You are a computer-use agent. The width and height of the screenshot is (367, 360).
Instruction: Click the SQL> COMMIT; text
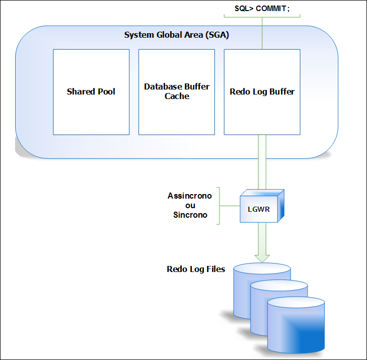[262, 8]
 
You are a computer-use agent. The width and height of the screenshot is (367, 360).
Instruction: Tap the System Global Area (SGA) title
[177, 35]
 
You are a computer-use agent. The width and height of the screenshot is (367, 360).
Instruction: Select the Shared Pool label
[91, 92]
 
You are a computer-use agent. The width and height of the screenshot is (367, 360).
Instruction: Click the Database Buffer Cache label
[177, 91]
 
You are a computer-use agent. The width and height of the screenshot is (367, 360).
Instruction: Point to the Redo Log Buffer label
[262, 92]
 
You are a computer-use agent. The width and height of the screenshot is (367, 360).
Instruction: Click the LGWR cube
[261, 206]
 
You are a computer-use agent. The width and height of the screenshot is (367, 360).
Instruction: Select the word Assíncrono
[190, 196]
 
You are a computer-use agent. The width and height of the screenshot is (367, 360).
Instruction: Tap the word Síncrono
[190, 215]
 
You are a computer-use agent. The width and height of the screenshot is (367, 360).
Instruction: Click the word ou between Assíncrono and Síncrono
[190, 205]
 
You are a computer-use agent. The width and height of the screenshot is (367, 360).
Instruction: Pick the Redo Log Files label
[196, 269]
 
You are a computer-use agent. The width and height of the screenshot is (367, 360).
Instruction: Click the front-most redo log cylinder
[295, 327]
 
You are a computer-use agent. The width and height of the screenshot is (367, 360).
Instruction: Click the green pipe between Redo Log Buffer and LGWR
[262, 161]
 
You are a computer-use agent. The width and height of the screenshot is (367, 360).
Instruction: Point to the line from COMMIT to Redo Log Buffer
[262, 33]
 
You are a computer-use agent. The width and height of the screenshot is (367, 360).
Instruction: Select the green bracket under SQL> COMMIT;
[262, 16]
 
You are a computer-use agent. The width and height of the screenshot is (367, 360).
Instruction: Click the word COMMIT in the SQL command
[274, 8]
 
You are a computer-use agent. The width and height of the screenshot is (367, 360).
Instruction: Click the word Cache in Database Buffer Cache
[177, 96]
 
